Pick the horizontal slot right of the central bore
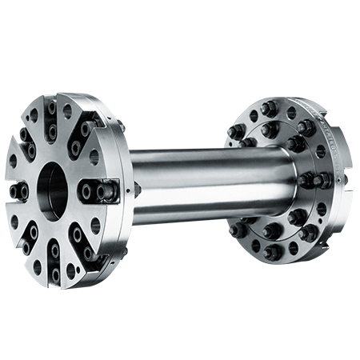94,192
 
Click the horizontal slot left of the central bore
19,191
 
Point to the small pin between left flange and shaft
137,190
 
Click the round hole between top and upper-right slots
67,111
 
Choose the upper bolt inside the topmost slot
52,106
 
